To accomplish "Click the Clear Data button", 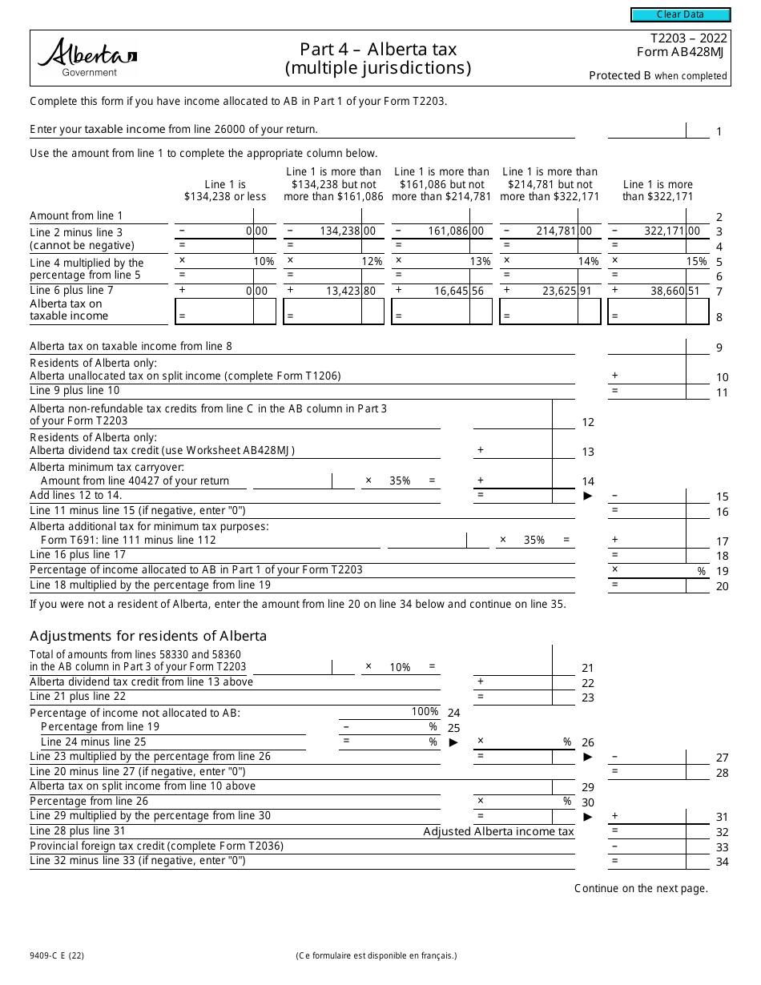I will tap(680, 14).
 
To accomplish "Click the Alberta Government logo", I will tap(87, 56).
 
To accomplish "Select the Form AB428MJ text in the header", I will tap(682, 52).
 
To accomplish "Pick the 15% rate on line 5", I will tap(696, 261).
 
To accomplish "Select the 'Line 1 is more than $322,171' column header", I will tap(658, 191).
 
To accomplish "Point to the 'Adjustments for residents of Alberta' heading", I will tap(148, 636).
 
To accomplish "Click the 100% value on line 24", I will tap(425, 711).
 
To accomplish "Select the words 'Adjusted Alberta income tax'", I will tap(498, 831).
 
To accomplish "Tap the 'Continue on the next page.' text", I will tap(641, 887).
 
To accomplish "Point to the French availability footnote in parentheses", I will tap(376, 955).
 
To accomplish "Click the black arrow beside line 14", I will tap(587, 496).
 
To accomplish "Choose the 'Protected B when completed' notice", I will tap(658, 76).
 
